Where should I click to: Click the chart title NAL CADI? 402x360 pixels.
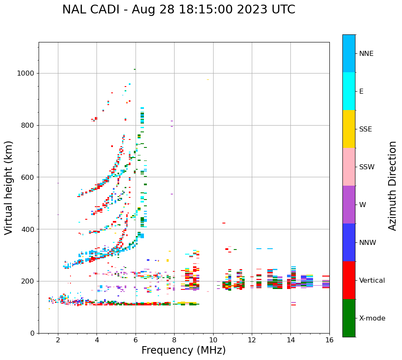click(178, 10)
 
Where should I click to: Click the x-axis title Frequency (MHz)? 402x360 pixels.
click(183, 350)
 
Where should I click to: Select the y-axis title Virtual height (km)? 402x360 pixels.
click(9, 187)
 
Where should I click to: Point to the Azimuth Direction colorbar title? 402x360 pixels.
click(392, 185)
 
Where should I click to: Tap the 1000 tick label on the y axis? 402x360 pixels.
click(25, 74)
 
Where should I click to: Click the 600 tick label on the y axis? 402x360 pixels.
click(27, 177)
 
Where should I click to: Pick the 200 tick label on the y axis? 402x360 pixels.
click(27, 281)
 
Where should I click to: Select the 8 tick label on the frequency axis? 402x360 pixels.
click(174, 340)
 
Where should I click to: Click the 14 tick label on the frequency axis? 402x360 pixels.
click(290, 340)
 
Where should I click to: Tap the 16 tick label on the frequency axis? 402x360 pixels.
click(329, 340)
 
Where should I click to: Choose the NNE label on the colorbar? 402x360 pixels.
click(366, 54)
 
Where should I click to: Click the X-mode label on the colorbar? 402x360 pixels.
click(372, 318)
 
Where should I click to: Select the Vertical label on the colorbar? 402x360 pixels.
click(372, 281)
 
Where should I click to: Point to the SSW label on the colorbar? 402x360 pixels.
click(367, 167)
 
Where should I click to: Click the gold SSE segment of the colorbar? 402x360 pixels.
click(349, 129)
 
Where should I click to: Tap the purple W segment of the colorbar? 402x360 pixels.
click(349, 205)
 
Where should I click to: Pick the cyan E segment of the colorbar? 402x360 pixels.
click(349, 91)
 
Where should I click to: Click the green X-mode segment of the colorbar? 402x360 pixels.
click(349, 318)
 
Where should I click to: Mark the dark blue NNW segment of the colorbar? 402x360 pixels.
click(349, 242)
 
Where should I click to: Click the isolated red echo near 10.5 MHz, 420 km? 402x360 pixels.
click(224, 223)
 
